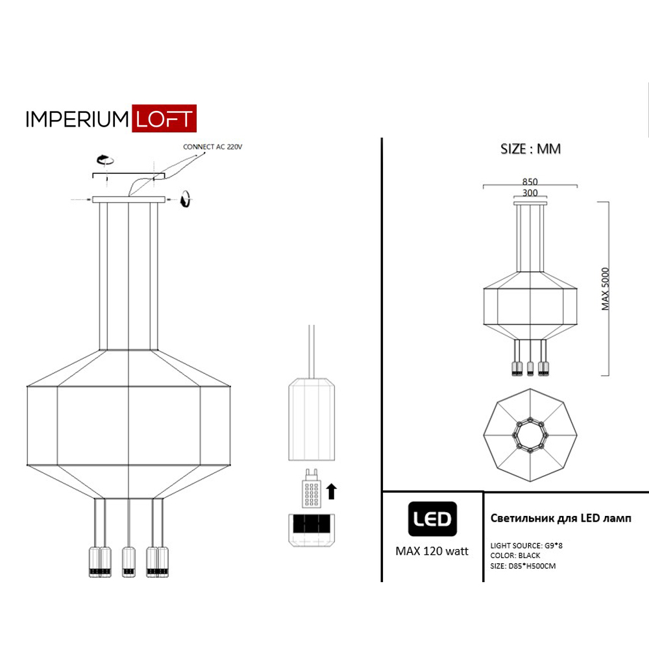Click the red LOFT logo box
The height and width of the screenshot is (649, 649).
[164, 118]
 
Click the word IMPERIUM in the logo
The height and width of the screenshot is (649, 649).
[77, 119]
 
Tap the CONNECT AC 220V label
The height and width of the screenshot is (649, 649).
[212, 147]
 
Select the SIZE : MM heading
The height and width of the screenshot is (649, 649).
[530, 149]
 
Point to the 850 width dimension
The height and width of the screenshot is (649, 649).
[530, 182]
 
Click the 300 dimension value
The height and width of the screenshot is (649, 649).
[530, 193]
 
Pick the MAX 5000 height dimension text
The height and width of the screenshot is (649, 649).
[606, 289]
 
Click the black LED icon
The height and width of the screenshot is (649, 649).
[432, 519]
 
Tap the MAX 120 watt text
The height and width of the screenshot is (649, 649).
[432, 551]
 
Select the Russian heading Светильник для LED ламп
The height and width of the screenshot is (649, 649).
[561, 518]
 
